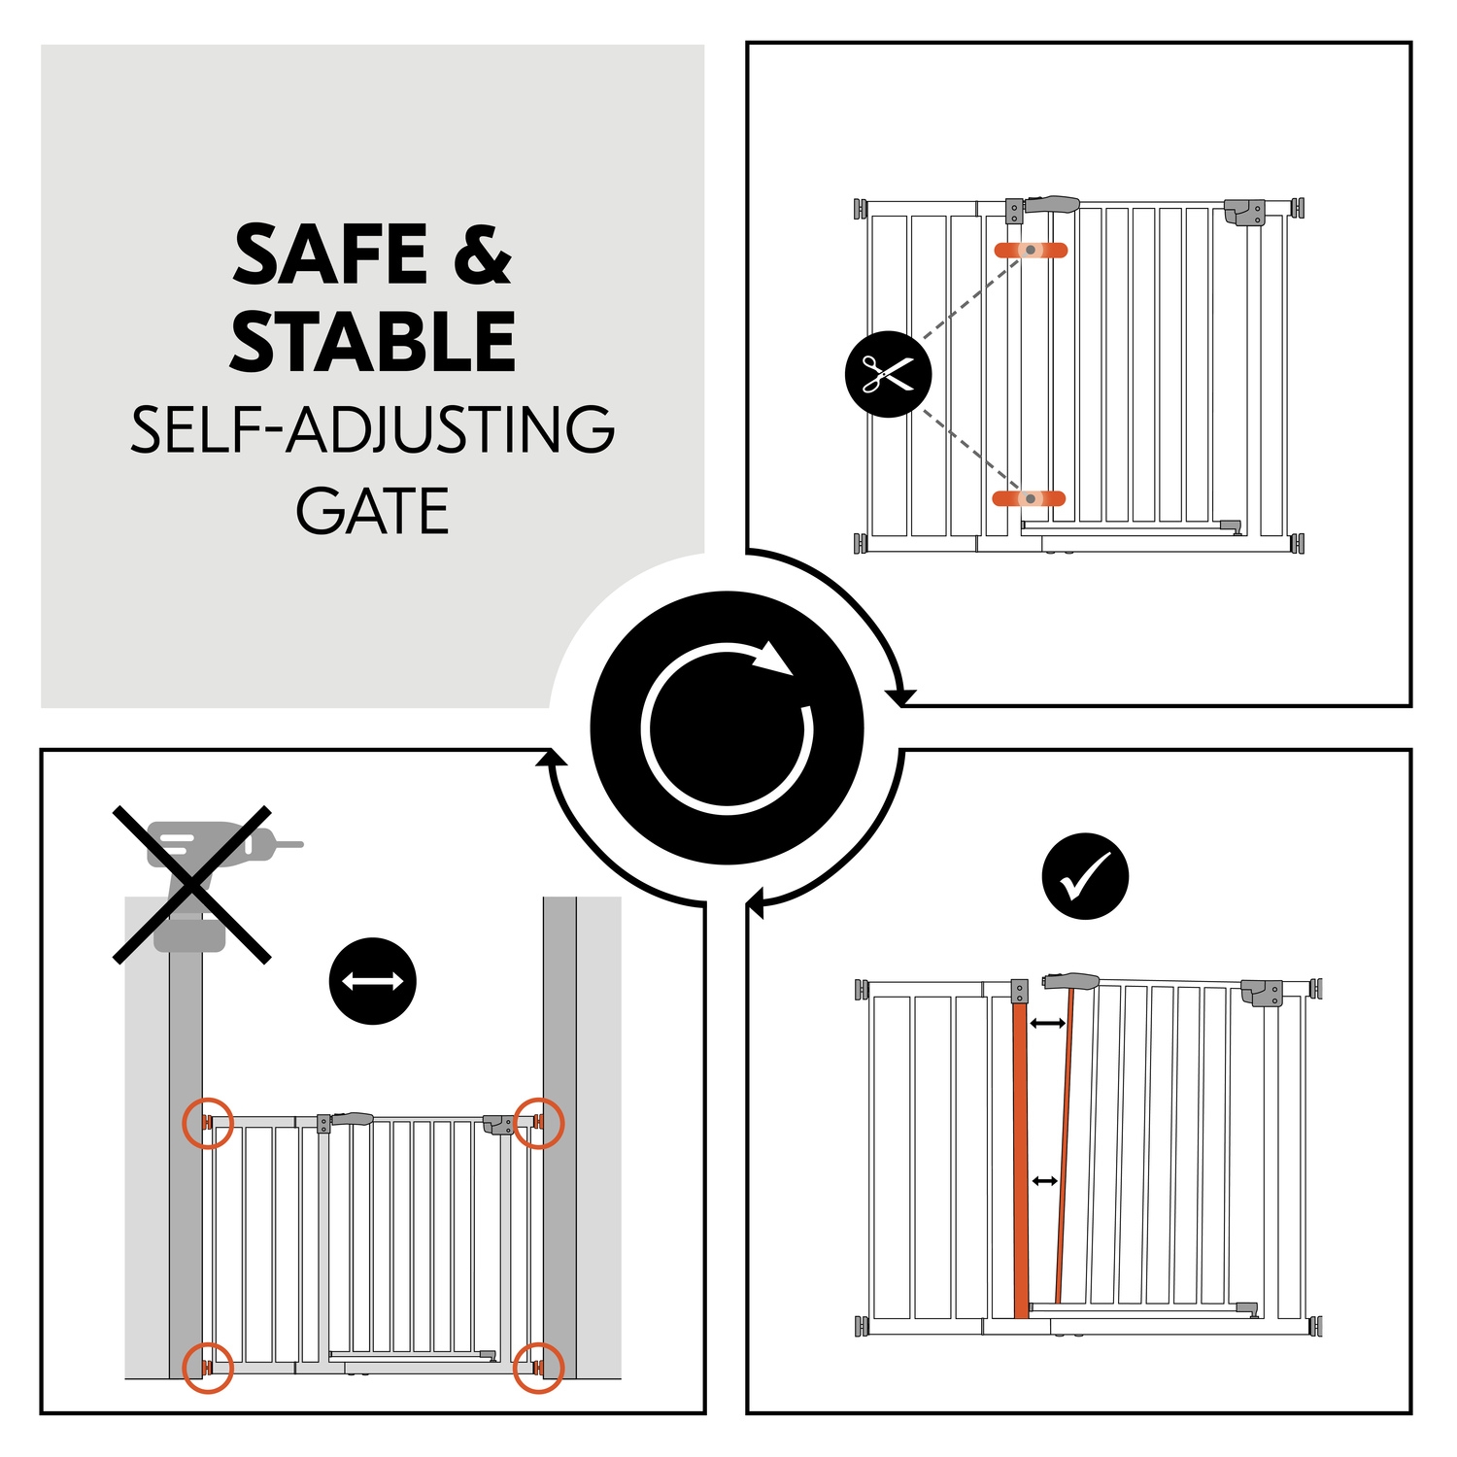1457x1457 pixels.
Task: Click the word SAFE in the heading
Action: (x=330, y=254)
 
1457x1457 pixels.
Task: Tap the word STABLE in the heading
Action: (x=373, y=342)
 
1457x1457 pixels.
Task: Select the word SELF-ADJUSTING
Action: (x=373, y=429)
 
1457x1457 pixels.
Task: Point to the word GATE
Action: (x=373, y=512)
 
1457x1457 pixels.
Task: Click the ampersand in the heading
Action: (x=483, y=254)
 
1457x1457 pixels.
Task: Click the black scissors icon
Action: (x=888, y=374)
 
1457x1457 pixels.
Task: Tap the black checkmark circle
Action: (x=1085, y=876)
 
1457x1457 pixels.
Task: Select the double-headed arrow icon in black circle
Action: (x=373, y=981)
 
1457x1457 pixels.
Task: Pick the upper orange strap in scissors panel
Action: (x=1031, y=251)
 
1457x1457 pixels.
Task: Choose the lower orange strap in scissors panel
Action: (x=1029, y=498)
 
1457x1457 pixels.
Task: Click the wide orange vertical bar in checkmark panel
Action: (x=1020, y=1161)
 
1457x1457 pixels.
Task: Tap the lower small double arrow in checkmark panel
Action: (x=1044, y=1181)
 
